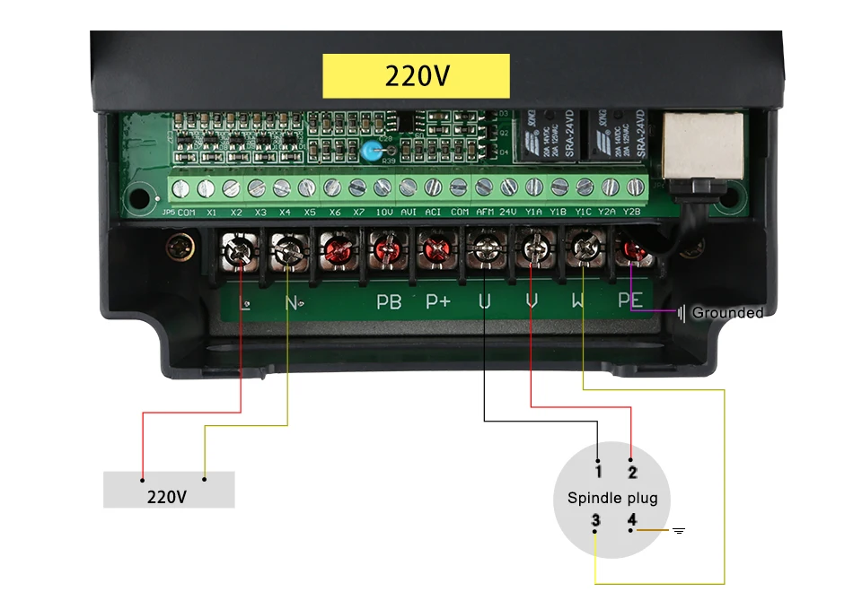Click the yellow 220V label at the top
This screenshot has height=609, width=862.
[416, 75]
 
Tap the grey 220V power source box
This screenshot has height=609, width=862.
[169, 490]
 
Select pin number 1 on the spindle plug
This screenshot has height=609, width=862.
[598, 467]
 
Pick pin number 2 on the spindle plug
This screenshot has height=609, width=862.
[632, 470]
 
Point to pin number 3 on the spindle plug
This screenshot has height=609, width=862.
[595, 521]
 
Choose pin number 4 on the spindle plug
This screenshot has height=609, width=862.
[631, 521]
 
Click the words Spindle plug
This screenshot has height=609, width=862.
[612, 498]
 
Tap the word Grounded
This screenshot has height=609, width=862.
[727, 313]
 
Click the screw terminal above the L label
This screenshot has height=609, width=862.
[240, 249]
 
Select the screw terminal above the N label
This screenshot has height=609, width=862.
[289, 249]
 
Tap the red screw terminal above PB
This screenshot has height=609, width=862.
[387, 249]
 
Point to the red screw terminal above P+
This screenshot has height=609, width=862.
[436, 249]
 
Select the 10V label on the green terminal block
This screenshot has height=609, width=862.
[383, 213]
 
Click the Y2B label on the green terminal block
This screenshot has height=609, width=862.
[631, 213]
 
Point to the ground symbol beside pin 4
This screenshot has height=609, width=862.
[679, 531]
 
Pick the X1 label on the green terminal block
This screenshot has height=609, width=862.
[211, 213]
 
